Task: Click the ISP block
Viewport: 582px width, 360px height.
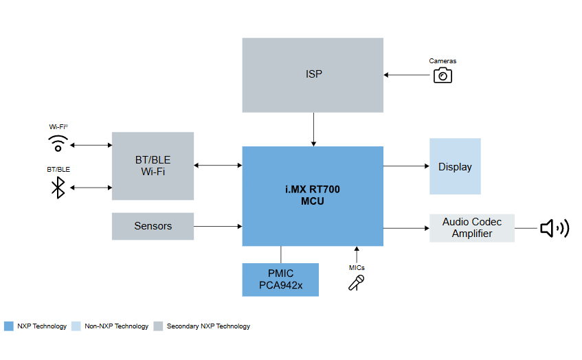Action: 313,75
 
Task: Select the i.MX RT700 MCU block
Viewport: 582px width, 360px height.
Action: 313,196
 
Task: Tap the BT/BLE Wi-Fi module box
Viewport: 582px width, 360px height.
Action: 153,166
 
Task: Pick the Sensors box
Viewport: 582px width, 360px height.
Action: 153,226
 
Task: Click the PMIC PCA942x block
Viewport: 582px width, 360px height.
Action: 280,279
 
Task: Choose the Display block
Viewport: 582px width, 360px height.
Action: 455,166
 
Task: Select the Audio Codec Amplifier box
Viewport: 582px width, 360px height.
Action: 472,227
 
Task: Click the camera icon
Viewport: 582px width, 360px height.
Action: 443,75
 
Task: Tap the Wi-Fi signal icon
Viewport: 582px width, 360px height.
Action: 58,144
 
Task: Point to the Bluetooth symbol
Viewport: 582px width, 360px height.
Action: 58,188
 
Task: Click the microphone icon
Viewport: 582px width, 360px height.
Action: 356,282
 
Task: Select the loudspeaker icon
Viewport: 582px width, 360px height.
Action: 554,227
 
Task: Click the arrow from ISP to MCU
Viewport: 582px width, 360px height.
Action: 313,129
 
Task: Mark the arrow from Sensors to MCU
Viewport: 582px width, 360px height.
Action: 218,226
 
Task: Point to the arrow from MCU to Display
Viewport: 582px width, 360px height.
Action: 405,166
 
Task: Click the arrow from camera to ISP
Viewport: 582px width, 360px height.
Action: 407,74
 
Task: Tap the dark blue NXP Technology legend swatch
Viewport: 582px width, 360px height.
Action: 9,326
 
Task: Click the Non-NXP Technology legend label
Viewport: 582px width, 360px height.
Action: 116,326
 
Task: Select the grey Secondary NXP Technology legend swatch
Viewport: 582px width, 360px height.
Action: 159,326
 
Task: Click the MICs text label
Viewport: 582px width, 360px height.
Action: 356,267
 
